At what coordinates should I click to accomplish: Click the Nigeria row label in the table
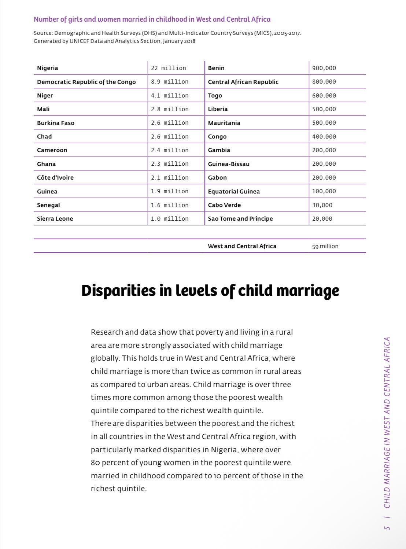click(48, 68)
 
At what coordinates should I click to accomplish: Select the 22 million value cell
click(168, 68)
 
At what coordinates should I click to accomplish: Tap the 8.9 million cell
click(170, 82)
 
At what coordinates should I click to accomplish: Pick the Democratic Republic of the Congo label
click(86, 82)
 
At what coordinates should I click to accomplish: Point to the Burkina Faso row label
click(56, 123)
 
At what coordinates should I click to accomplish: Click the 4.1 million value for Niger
click(170, 96)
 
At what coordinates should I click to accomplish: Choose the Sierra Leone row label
click(55, 219)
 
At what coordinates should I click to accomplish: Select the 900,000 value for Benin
click(324, 68)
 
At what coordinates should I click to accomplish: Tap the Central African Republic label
click(243, 82)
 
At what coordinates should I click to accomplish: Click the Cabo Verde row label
click(224, 205)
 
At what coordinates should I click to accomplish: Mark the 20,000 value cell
click(322, 219)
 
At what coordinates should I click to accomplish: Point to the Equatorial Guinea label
click(234, 192)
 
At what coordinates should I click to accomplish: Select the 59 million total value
click(325, 246)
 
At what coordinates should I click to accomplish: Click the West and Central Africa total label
click(242, 246)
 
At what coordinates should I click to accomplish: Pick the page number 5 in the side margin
click(387, 528)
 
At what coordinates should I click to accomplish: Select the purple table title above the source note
click(152, 19)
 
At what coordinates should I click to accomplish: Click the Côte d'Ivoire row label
click(55, 178)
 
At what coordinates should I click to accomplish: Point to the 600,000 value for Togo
click(324, 96)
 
